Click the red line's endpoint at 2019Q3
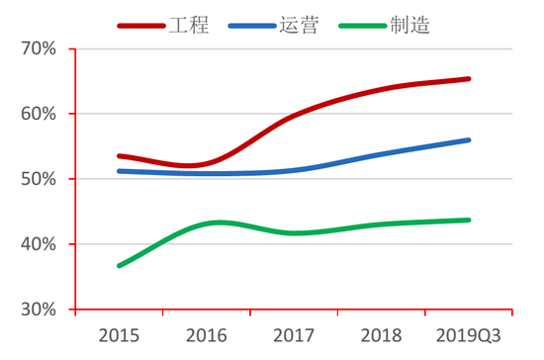469,78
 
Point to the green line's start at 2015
119,266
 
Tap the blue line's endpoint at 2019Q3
469,139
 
